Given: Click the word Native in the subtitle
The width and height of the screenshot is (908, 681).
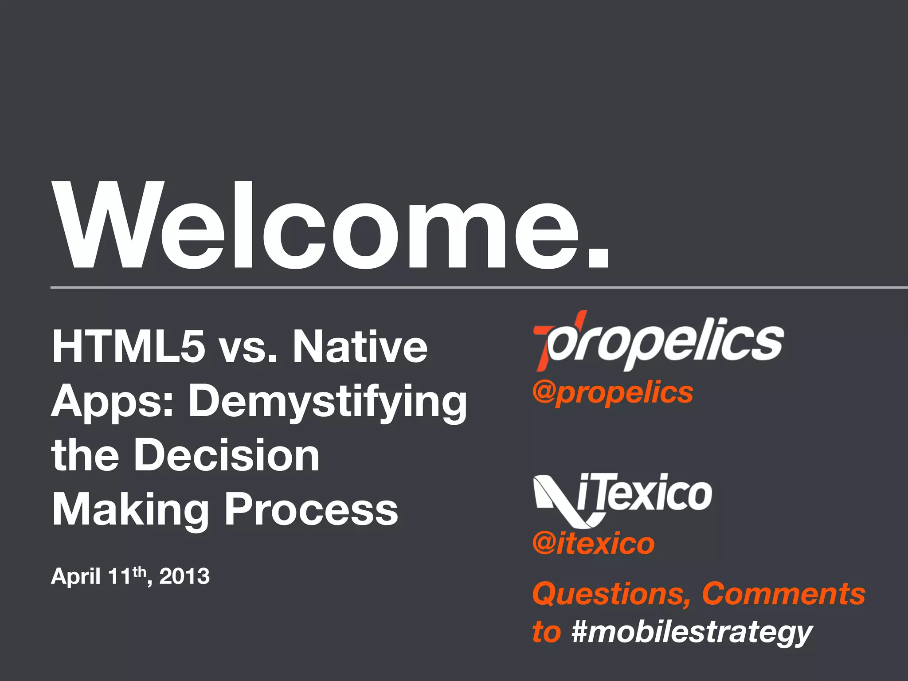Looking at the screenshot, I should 360,347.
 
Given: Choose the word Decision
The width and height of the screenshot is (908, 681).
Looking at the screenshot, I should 226,455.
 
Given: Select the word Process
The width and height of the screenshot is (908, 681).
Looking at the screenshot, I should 311,510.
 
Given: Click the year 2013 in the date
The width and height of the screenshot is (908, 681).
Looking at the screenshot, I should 184,577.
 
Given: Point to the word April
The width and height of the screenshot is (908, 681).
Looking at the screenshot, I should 75,577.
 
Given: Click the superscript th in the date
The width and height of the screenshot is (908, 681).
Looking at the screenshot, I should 139,571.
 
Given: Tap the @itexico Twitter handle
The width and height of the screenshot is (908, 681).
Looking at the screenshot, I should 593,544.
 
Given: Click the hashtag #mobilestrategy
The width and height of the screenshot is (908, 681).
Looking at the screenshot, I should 692,632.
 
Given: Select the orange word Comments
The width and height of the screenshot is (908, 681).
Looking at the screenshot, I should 783,594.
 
